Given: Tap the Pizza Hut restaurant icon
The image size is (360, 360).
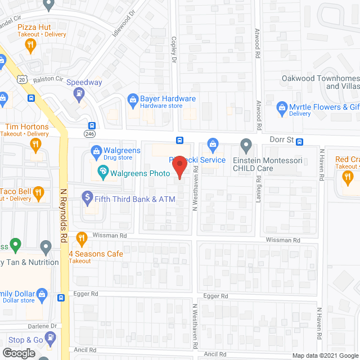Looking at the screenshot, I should [x=31, y=44].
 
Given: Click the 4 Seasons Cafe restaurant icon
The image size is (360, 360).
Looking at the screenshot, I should [x=82, y=238].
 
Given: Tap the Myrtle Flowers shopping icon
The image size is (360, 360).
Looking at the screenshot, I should [x=282, y=106].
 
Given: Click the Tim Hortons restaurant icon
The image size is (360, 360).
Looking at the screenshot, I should [x=36, y=145].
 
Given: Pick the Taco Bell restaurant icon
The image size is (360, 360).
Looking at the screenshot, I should [x=38, y=193].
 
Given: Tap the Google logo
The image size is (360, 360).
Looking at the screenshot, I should [x=18, y=353].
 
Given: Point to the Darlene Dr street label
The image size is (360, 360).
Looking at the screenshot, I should [x=44, y=326].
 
